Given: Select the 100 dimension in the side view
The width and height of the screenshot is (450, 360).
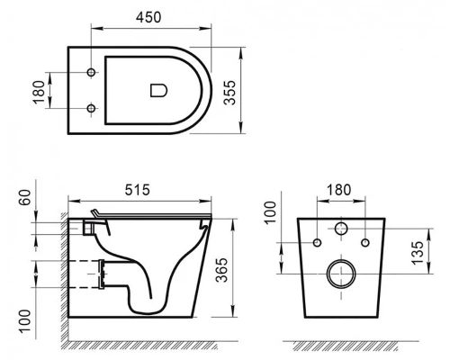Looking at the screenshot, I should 23,319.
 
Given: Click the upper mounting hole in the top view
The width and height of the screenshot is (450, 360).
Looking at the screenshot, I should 92,69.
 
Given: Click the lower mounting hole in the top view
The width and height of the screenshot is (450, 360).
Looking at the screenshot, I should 92,108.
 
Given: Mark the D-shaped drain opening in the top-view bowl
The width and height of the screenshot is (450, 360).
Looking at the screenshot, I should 157,89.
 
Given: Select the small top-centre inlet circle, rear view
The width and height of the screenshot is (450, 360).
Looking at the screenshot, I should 341,229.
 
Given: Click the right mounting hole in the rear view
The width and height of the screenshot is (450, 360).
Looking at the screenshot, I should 364,243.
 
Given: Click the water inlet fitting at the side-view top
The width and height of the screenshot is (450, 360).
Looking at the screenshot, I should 87,226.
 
